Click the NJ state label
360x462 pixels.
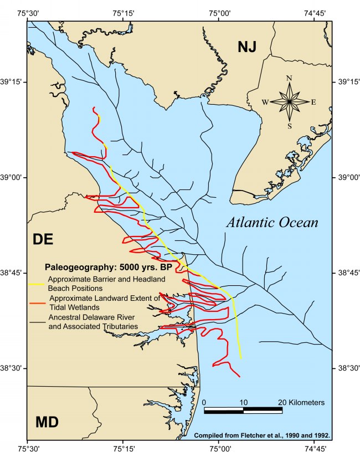[x=247, y=47]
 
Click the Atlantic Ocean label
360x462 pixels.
[x=272, y=223]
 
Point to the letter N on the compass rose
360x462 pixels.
[x=289, y=78]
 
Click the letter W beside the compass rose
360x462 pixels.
[x=265, y=102]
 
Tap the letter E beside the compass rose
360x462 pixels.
[x=313, y=102]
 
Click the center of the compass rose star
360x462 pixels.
[x=289, y=102]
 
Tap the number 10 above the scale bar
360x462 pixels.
[x=243, y=402]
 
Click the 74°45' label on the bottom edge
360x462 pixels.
[x=314, y=450]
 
